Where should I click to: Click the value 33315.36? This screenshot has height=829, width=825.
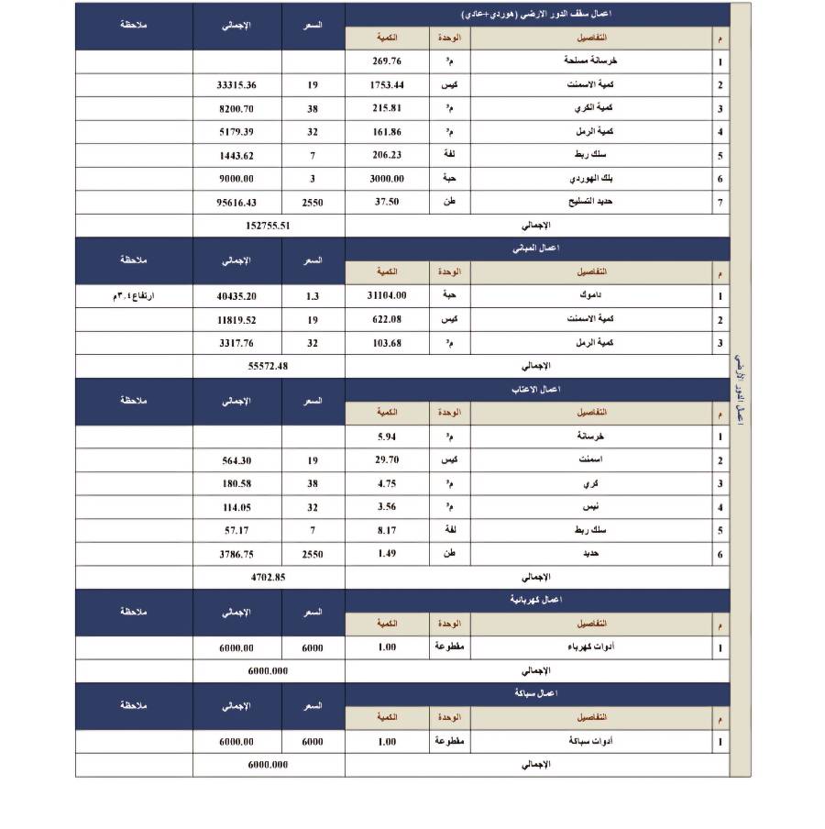[x=236, y=85]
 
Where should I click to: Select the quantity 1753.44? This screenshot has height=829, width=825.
[x=386, y=85]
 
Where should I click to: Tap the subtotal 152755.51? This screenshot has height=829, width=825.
[x=269, y=226]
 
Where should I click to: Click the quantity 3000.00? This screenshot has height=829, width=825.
[x=386, y=179]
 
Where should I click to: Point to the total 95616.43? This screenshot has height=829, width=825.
[x=236, y=203]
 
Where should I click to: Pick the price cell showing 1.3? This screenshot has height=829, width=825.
[x=313, y=296]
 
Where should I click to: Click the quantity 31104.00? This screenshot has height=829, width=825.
[x=386, y=296]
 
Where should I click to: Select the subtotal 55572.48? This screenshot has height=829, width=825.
[x=269, y=366]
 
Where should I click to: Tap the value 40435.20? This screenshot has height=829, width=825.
[x=236, y=296]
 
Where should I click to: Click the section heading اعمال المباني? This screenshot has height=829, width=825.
[x=536, y=249]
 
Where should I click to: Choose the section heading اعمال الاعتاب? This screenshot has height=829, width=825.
[x=536, y=390]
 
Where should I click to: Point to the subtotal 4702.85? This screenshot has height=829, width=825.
[x=269, y=577]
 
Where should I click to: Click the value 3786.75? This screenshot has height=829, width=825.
[x=236, y=554]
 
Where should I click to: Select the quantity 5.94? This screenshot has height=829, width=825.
[x=386, y=437]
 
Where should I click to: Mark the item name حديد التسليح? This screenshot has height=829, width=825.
[x=592, y=203]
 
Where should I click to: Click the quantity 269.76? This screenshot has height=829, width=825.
[x=386, y=61]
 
